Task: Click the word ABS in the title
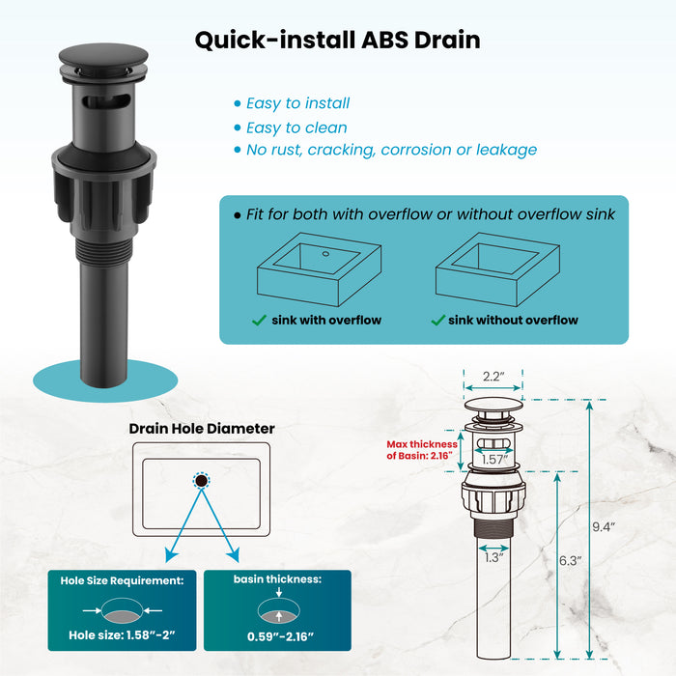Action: [x=384, y=41]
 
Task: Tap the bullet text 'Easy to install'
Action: [x=297, y=103]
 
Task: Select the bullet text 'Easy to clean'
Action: [x=296, y=128]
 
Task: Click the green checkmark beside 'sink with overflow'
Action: [x=259, y=320]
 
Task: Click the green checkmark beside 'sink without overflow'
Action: [x=438, y=320]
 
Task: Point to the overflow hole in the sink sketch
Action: [x=325, y=254]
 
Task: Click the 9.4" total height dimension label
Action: [x=604, y=527]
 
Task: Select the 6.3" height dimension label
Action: [x=570, y=560]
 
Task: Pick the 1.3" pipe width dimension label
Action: [x=493, y=557]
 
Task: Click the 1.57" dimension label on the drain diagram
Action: [x=494, y=459]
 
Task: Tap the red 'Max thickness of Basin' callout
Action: [x=422, y=450]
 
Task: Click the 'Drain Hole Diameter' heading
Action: [x=202, y=429]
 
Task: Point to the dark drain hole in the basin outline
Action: [x=201, y=480]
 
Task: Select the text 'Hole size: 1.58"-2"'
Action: [x=122, y=635]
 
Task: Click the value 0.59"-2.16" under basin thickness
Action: [x=280, y=636]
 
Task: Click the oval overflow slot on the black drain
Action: [x=106, y=101]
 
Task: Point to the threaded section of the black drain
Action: [x=103, y=250]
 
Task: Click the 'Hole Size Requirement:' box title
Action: [x=122, y=580]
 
